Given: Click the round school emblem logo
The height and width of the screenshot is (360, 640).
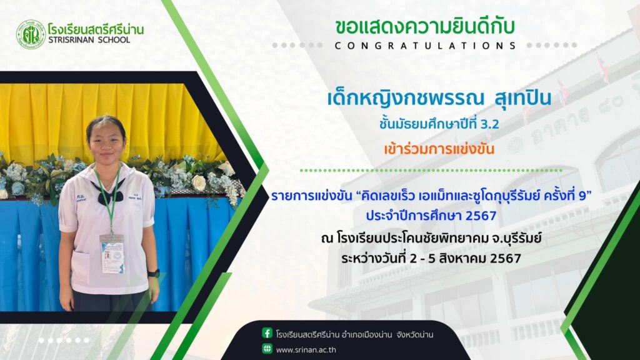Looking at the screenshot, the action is (x=31, y=35).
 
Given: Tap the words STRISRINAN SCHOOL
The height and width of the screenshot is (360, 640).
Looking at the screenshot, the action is (x=89, y=40).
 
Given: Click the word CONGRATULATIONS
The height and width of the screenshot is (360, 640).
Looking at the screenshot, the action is (x=425, y=46).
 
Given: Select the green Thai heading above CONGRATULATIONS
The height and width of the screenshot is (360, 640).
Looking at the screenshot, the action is (x=425, y=27).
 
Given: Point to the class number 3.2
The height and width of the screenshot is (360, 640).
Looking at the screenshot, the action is (x=490, y=124).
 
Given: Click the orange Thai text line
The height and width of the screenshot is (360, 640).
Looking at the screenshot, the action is (x=439, y=149).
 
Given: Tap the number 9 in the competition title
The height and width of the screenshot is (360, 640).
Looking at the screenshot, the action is (x=583, y=196).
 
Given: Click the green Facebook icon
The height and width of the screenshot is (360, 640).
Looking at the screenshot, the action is (x=267, y=333).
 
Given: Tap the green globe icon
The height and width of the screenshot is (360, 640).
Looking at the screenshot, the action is (x=267, y=349).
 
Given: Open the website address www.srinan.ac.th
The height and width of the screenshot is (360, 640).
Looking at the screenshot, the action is (x=306, y=350).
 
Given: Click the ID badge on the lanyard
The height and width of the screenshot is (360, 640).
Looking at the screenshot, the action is (x=112, y=254).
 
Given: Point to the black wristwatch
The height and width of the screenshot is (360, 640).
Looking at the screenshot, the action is (x=153, y=273).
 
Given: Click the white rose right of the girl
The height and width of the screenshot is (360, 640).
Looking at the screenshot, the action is (x=199, y=183).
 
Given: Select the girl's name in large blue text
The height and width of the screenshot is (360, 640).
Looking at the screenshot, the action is (x=439, y=98).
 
